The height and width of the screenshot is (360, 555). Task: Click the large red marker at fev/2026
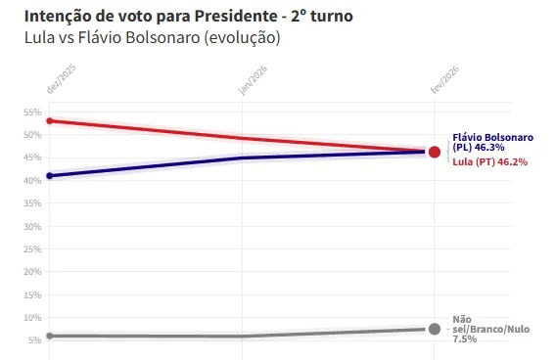point(434,152)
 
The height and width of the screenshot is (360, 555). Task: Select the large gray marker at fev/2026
point(434,329)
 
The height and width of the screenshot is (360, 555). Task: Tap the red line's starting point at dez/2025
point(50,121)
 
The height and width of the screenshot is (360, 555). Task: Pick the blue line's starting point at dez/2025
point(50,176)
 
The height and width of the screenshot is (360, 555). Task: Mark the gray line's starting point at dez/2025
point(50,336)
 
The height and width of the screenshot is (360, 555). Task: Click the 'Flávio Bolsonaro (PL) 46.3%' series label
point(491,142)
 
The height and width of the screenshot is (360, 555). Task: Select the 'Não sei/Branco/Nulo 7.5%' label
point(490,329)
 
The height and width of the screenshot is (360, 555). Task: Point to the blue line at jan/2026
point(242,157)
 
